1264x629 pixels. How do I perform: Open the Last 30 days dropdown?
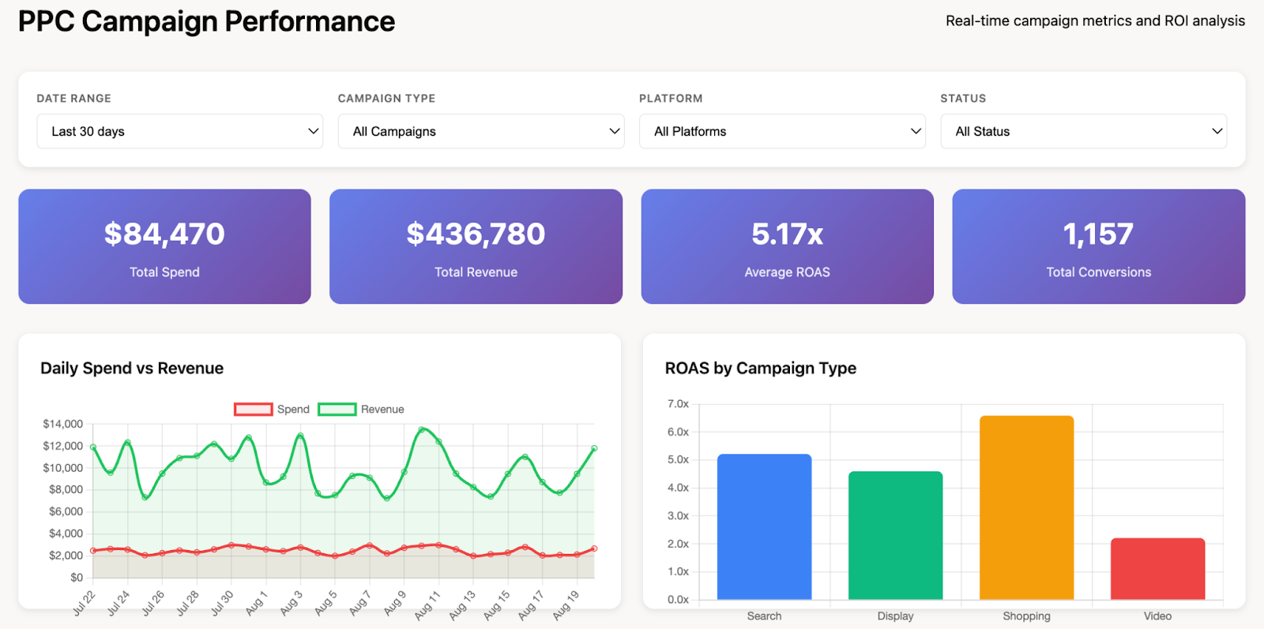coord(179,131)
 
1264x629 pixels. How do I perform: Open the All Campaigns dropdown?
coord(480,131)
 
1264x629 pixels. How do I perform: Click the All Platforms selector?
coord(781,131)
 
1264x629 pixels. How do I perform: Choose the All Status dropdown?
coord(1082,131)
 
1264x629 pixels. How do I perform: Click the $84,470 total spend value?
coord(164,234)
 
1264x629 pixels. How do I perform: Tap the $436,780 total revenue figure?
coord(476,234)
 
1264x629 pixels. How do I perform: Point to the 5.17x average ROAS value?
coord(787,234)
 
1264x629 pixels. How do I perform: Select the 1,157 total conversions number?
coord(1098,234)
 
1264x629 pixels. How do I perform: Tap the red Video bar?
coord(1157,568)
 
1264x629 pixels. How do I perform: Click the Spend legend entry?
coord(272,409)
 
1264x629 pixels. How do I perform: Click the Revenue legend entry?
coord(361,409)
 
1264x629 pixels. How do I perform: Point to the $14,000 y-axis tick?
coord(62,424)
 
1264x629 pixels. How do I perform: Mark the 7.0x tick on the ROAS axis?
coord(678,403)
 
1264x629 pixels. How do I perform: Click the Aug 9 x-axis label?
coord(395,603)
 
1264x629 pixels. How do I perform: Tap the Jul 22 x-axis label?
coord(84,603)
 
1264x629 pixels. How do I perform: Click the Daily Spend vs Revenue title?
coord(132,368)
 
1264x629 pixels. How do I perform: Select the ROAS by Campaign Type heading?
coord(760,368)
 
